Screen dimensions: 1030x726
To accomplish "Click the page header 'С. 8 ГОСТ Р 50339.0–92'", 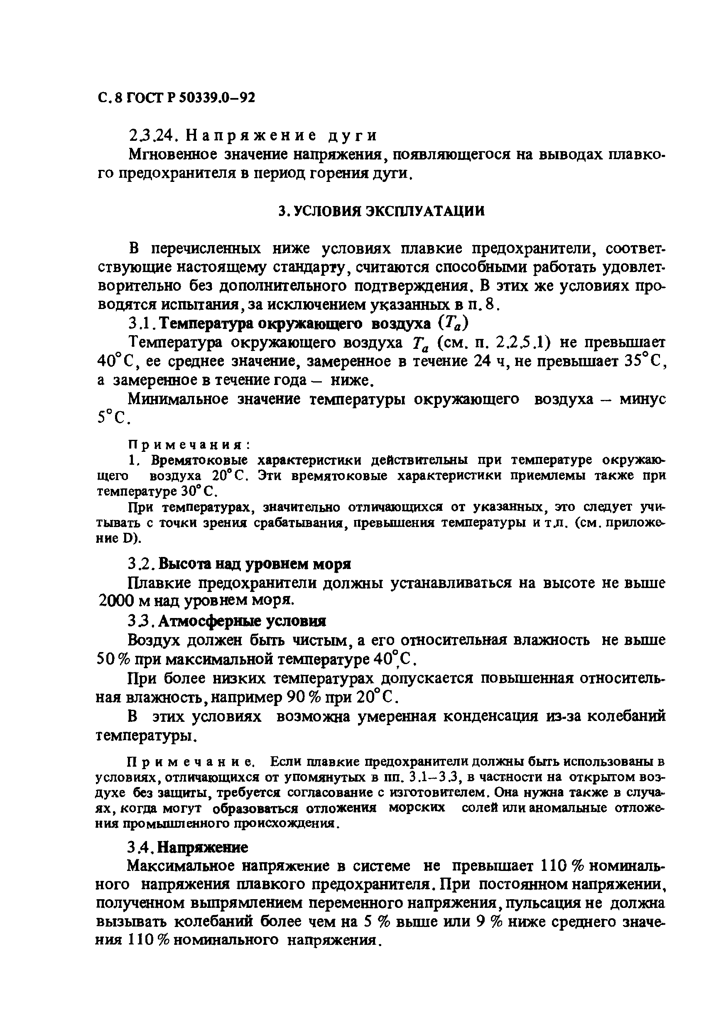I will coord(177,97).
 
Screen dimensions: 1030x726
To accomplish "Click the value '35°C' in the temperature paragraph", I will coord(643,361).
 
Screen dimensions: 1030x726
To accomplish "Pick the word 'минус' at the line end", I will coord(642,399).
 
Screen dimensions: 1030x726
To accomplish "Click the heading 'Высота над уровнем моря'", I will coord(255,564).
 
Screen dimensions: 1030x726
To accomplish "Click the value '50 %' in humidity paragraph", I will coord(113,659).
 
